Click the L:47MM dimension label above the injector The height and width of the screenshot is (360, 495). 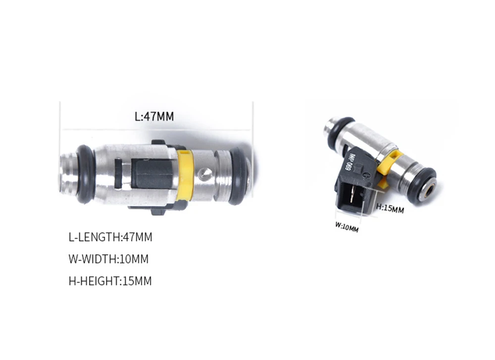click(154, 116)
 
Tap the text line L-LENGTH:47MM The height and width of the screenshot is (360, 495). click(110, 237)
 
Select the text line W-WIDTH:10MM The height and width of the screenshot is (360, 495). click(108, 259)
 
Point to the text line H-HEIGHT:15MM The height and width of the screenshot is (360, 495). click(110, 281)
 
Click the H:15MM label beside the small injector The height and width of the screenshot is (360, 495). click(390, 208)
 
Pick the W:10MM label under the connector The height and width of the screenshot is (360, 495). click(346, 227)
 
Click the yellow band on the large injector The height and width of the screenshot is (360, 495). click(185, 175)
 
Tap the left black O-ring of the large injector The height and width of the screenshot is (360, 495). click(85, 174)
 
